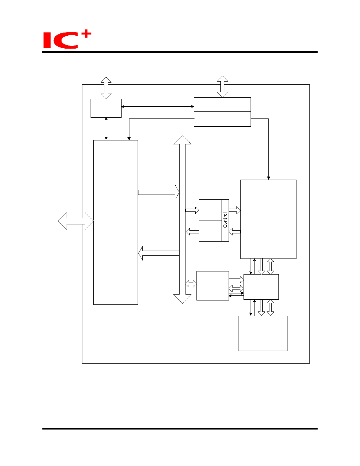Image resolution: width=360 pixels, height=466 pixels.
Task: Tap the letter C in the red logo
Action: point(66,41)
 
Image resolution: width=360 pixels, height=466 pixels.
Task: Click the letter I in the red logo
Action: point(47,40)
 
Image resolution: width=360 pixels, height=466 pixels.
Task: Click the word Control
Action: point(225,220)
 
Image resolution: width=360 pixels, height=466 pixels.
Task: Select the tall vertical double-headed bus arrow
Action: point(182,219)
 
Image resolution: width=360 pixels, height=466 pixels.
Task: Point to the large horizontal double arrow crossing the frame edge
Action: point(76,221)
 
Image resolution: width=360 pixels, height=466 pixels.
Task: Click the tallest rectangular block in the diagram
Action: point(116,222)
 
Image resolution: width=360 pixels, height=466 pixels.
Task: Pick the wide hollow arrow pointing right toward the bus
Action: point(159,192)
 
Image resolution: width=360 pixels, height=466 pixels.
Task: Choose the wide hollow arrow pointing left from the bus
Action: point(159,253)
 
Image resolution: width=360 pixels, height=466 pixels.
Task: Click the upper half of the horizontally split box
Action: point(222,105)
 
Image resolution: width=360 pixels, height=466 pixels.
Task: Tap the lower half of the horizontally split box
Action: point(222,119)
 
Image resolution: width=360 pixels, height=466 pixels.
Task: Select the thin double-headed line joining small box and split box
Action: point(158,106)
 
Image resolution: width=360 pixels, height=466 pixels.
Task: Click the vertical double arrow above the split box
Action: point(222,86)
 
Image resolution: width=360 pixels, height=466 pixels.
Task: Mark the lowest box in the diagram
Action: point(263,333)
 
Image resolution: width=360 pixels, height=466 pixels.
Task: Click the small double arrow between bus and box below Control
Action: point(191,284)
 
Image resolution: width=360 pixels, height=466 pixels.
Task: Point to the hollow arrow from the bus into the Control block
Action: point(192,210)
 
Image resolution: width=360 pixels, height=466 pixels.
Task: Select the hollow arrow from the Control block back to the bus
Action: point(192,231)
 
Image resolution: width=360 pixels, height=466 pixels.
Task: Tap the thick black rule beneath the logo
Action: point(180,52)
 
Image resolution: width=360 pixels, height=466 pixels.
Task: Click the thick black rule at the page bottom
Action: point(180,429)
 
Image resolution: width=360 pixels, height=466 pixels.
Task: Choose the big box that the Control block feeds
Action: point(268,219)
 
